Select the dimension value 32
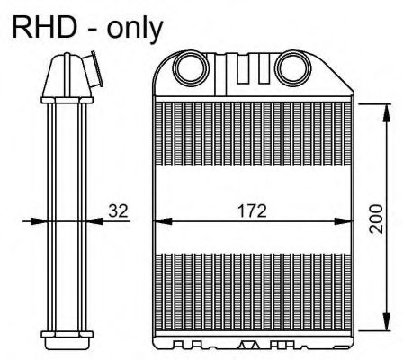(118, 212)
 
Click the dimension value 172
(252, 212)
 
